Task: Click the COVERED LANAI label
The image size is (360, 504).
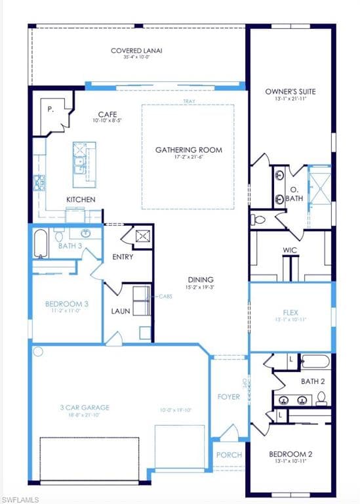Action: (136, 51)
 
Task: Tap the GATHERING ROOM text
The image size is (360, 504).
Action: (188, 150)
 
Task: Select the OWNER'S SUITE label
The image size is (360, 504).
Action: (290, 92)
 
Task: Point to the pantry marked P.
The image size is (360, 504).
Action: (50, 110)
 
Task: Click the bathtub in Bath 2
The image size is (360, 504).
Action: (315, 362)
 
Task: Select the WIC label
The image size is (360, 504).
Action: (290, 250)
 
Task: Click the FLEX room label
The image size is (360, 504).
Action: (290, 312)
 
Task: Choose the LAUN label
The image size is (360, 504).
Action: (120, 311)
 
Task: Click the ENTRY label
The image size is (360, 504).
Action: (123, 257)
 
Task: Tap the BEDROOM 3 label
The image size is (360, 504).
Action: (66, 304)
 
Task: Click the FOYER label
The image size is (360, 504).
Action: (228, 396)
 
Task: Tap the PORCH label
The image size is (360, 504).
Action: (229, 455)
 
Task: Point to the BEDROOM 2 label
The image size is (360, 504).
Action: (290, 453)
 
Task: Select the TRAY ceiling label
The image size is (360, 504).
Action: (188, 101)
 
